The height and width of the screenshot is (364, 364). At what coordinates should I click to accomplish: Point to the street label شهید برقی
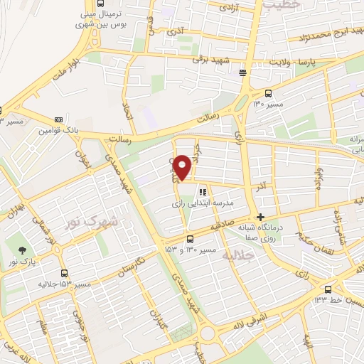click(x=212, y=61)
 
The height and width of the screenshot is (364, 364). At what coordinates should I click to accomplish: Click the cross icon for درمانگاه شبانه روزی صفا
click(x=261, y=217)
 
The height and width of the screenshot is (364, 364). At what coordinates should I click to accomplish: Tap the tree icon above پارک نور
click(x=23, y=250)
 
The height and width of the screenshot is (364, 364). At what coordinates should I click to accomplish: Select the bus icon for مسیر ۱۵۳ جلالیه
click(x=65, y=273)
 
